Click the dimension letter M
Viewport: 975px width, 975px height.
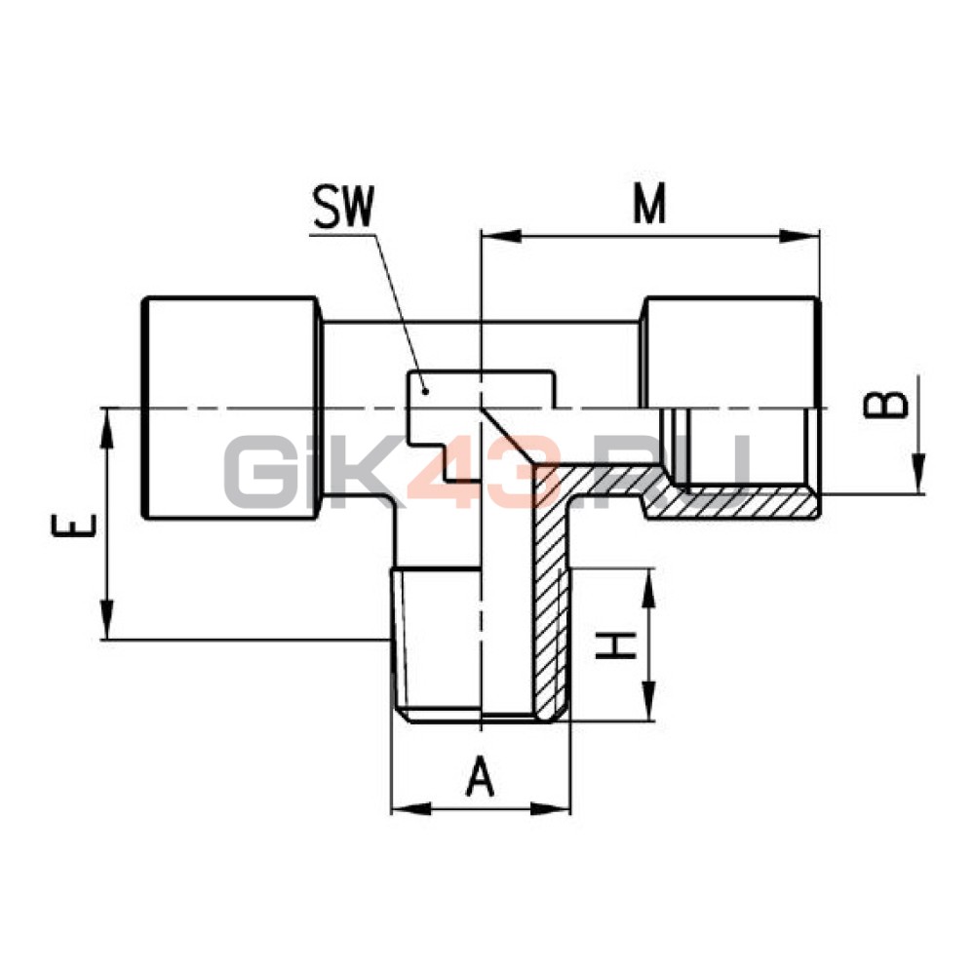[x=649, y=204]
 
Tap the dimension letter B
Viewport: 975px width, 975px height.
[x=886, y=405]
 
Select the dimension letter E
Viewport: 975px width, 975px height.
[x=74, y=525]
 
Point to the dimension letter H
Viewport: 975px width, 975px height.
[x=616, y=644]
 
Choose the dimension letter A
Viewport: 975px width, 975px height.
[x=480, y=776]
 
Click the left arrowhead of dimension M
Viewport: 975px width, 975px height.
[x=501, y=237]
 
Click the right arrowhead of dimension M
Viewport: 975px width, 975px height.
[x=799, y=237]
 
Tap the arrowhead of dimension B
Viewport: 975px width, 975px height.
[x=918, y=474]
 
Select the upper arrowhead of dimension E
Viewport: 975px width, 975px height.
[x=107, y=428]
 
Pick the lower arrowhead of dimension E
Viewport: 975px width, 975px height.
[x=107, y=619]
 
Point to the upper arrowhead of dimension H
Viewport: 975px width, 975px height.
[x=647, y=588]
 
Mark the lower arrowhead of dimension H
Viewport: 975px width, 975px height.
[x=647, y=701]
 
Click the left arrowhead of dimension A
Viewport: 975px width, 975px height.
[x=410, y=809]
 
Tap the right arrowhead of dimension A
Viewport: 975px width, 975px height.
[x=550, y=809]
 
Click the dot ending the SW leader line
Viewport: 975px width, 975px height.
[x=425, y=391]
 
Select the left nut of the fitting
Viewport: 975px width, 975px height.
[x=231, y=408]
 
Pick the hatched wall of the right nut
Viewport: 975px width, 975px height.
[x=734, y=501]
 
